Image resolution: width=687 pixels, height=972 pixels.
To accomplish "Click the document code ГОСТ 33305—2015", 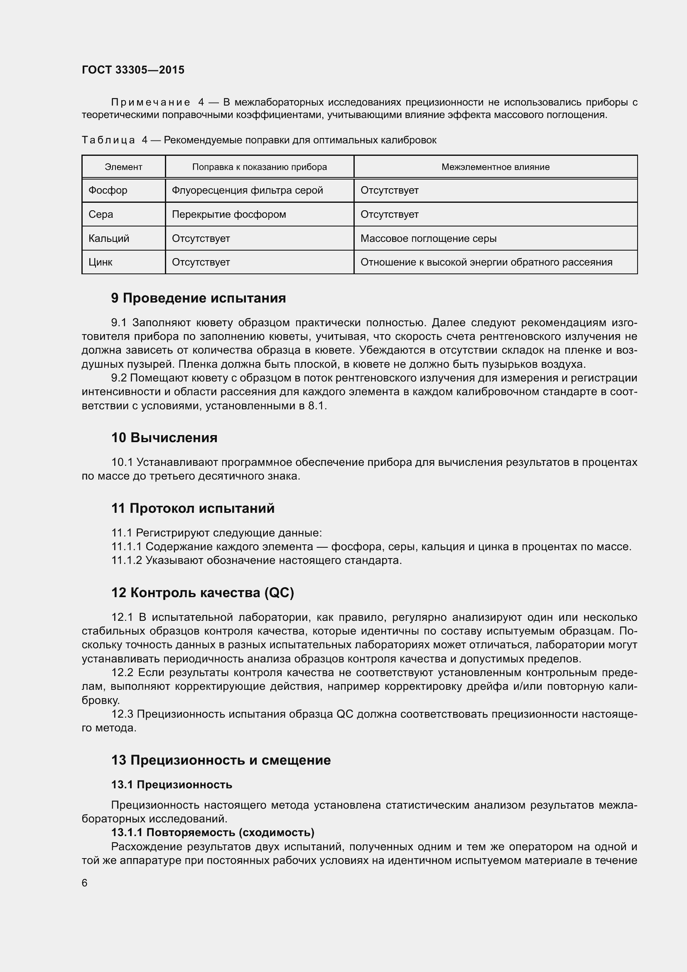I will tap(133, 70).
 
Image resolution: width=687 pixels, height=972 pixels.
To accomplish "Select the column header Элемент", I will tap(123, 167).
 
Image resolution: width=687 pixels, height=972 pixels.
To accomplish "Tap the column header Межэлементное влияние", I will tap(496, 167).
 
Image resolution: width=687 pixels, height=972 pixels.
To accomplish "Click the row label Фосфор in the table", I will tap(108, 190).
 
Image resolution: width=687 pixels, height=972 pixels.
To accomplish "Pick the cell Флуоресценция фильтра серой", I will tap(247, 190).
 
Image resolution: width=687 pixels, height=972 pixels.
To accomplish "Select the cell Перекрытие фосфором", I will tap(229, 214).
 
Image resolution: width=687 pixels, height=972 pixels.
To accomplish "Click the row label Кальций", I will tap(109, 239).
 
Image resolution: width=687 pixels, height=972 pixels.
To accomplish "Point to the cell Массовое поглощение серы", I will tap(428, 239).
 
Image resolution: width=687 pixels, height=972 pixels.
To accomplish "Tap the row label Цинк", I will tap(100, 262).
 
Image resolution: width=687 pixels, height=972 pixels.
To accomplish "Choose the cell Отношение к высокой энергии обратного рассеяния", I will tap(486, 262).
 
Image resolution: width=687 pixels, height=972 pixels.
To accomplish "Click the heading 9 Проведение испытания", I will tap(199, 298).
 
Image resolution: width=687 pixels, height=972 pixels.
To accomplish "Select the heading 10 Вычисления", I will tap(164, 437).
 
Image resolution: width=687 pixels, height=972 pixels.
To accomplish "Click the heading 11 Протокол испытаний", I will tap(193, 508).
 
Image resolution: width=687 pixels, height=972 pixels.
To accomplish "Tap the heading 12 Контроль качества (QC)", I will tap(203, 593).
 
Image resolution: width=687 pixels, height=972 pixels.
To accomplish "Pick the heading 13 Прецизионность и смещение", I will tap(221, 760).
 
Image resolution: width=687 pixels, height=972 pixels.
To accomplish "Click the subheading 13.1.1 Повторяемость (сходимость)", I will tap(213, 833).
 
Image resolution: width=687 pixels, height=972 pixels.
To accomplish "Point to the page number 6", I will tap(85, 883).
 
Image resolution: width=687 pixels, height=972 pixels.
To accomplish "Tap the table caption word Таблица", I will tap(108, 140).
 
